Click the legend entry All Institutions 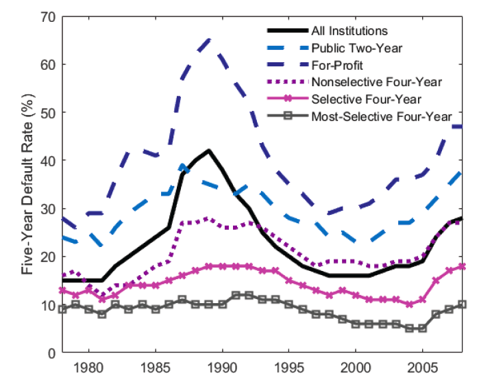(x=349, y=31)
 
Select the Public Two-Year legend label (x=356, y=48)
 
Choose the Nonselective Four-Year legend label (x=376, y=82)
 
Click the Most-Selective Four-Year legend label (x=381, y=116)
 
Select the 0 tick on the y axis (x=51, y=353)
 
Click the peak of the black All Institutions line (x=208, y=151)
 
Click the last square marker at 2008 (x=463, y=305)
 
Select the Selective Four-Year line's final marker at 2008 (x=463, y=266)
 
